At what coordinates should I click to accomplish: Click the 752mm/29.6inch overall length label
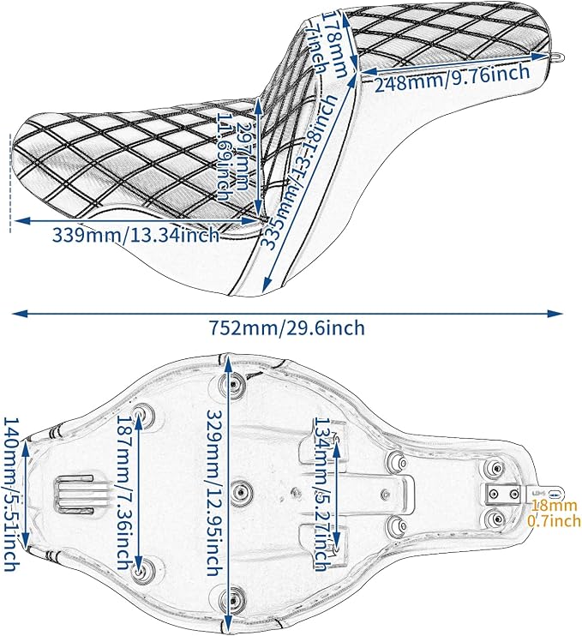[287, 327]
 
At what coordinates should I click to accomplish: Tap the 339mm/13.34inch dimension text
[135, 235]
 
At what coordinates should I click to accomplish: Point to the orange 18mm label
[554, 506]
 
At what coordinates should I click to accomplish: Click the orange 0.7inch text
[554, 520]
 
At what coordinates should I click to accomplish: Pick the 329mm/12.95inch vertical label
[216, 492]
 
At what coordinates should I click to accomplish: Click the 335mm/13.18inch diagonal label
[299, 171]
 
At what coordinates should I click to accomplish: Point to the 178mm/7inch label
[328, 43]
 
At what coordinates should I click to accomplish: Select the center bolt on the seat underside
[242, 492]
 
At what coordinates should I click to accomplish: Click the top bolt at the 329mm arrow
[233, 384]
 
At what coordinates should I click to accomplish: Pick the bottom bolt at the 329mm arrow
[233, 599]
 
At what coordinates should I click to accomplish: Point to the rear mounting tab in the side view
[557, 56]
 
